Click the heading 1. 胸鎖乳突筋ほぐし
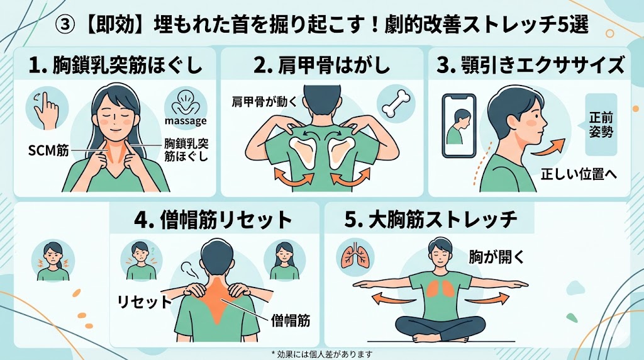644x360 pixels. pyautogui.click(x=116, y=65)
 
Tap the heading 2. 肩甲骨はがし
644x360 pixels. pyautogui.click(x=321, y=65)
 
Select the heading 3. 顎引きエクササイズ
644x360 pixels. pyautogui.click(x=530, y=65)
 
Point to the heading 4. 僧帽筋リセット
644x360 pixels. pyautogui.click(x=213, y=220)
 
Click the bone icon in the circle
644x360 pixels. pyautogui.click(x=396, y=104)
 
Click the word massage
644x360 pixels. pyautogui.click(x=186, y=121)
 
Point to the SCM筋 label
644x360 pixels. pyautogui.click(x=48, y=151)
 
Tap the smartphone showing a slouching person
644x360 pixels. pyautogui.click(x=458, y=126)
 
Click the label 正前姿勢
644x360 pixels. pyautogui.click(x=601, y=125)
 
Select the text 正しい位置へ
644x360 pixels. pyautogui.click(x=579, y=174)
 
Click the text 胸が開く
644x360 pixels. pyautogui.click(x=497, y=257)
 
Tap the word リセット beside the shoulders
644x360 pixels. pyautogui.click(x=145, y=302)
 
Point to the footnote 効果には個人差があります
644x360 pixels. pyautogui.click(x=322, y=354)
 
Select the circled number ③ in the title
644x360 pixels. pyautogui.click(x=65, y=25)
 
